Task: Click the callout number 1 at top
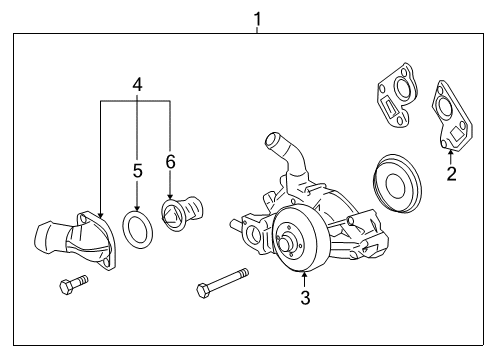click(257, 17)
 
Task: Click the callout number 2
click(451, 174)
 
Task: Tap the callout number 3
click(306, 296)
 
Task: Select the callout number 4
click(136, 85)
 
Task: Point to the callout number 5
click(136, 171)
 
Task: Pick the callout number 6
click(170, 160)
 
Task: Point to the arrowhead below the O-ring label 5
click(136, 203)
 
